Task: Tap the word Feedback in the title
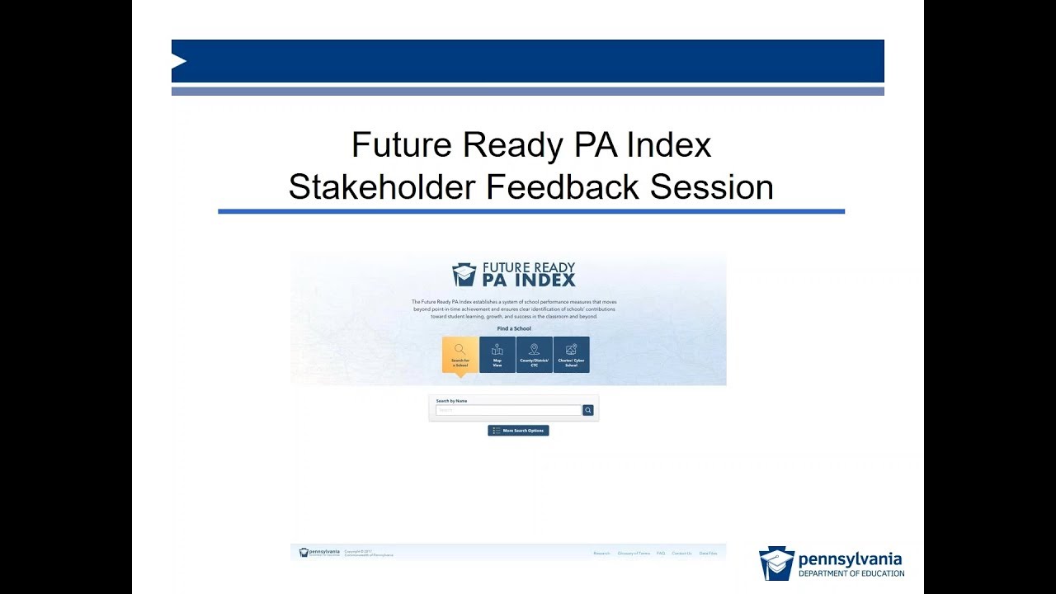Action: click(563, 187)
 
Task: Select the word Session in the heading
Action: click(711, 187)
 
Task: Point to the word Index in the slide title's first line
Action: click(669, 145)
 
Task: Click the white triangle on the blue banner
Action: click(178, 61)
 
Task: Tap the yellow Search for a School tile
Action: click(460, 354)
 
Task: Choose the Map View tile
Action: click(497, 354)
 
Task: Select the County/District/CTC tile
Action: click(534, 354)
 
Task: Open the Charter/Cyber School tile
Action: click(571, 354)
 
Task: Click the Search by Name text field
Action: click(508, 410)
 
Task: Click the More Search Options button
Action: click(518, 431)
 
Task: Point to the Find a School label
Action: click(514, 328)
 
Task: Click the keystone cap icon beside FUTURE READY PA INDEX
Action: click(464, 275)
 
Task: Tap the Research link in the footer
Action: click(601, 554)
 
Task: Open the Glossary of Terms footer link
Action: click(634, 554)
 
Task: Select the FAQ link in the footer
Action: click(661, 554)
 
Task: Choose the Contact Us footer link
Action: click(681, 554)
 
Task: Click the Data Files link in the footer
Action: click(708, 554)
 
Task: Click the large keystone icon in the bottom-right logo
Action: click(776, 563)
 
